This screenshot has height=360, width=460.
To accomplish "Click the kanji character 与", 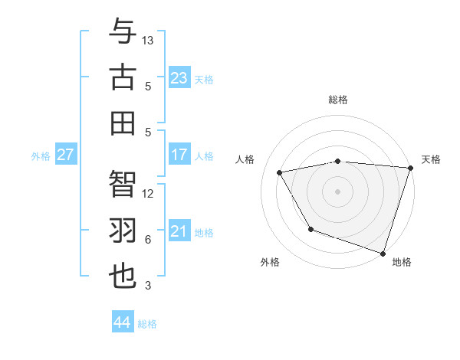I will [123, 32].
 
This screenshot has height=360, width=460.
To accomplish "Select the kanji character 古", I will [123, 77].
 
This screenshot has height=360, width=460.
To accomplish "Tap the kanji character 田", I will [123, 123].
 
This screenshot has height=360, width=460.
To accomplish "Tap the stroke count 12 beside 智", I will [149, 194].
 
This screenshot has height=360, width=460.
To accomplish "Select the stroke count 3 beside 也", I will [149, 286].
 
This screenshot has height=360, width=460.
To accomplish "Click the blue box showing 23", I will [179, 77].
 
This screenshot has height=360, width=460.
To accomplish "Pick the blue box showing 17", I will [179, 155].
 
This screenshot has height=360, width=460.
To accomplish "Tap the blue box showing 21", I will [179, 231].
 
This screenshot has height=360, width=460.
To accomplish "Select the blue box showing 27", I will [66, 155].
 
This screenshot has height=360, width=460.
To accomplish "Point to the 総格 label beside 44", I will [147, 324].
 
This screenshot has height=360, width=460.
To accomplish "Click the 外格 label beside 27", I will [41, 156].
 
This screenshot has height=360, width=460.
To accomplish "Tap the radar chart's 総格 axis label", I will [338, 100].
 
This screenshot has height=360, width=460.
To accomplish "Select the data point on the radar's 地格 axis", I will [383, 252].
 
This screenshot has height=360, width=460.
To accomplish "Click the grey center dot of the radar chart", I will [338, 191].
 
